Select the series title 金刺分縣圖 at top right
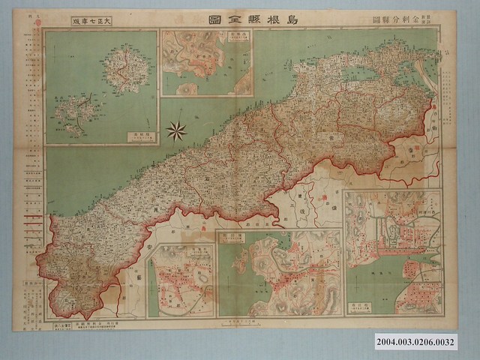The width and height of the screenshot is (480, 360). point(397,19)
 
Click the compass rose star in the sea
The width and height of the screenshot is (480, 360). point(176,131)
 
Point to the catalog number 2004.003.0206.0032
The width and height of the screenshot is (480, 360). point(428,340)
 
